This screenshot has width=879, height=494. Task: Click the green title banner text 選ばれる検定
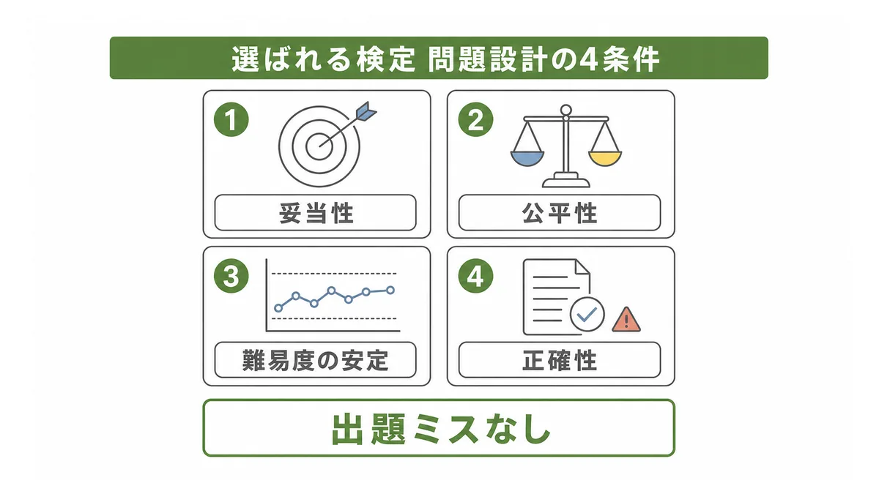tap(323, 60)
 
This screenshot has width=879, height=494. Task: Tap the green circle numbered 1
tap(231, 119)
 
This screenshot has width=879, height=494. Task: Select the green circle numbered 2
tap(475, 119)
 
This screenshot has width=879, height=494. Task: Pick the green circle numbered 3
tap(231, 276)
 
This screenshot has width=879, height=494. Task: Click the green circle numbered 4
tap(475, 276)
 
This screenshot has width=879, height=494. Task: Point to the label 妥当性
tap(316, 213)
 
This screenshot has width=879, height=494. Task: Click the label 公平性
tap(560, 213)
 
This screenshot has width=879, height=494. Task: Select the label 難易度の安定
tap(316, 360)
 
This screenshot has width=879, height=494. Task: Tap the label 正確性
tap(560, 360)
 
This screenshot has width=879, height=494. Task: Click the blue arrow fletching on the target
tap(366, 112)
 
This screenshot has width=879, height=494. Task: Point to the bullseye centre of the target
tap(319, 146)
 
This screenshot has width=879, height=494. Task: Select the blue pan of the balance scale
tap(527, 159)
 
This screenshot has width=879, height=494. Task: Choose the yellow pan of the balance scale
tap(605, 159)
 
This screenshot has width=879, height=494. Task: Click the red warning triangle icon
tap(626, 320)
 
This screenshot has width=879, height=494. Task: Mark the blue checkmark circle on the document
tap(587, 314)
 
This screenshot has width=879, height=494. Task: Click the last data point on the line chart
tap(390, 290)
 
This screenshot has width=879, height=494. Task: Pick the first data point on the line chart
tap(278, 308)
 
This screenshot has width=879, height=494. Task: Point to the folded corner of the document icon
tap(582, 266)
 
